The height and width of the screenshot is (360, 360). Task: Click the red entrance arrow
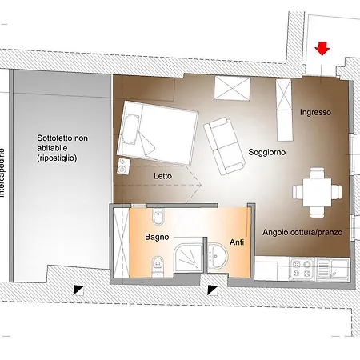tap(322, 50)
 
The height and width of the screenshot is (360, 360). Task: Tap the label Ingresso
tap(315, 113)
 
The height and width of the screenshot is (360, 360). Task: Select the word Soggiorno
tap(267, 152)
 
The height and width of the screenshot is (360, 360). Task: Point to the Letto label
tap(163, 175)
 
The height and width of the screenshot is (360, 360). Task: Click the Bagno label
tap(156, 238)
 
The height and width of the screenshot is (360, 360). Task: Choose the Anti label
tap(237, 242)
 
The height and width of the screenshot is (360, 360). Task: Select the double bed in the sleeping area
tap(158, 133)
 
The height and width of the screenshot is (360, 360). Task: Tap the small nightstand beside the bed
tap(122, 166)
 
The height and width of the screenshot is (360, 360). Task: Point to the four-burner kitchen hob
tap(302, 268)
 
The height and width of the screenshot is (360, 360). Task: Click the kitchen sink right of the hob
tap(331, 268)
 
